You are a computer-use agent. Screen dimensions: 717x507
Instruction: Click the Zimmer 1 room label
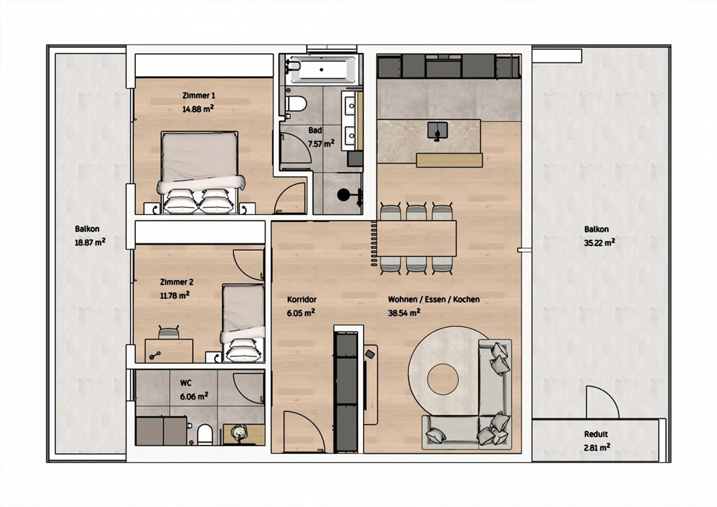pos(199,96)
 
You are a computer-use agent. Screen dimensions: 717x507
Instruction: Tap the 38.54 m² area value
pos(404,313)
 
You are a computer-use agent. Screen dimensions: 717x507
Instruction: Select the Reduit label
pos(596,434)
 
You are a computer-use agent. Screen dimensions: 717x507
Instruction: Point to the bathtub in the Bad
pos(321,69)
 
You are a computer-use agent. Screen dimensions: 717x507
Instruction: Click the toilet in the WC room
pos(205,434)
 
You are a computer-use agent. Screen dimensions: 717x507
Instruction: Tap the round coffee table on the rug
pos(443,380)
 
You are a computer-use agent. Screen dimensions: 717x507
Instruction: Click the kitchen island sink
pos(438,131)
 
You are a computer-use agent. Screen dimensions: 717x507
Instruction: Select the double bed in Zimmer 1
pos(201,172)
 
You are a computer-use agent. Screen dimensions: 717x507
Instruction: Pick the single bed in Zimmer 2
pos(243,323)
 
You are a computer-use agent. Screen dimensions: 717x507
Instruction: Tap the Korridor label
pos(302,300)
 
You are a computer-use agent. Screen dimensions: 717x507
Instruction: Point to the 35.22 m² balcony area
pos(599,243)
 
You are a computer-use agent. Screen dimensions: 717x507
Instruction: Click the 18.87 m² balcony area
pos(90,243)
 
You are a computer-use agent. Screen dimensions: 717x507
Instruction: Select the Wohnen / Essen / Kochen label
pos(434,300)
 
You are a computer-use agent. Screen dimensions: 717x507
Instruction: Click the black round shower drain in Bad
pos(344,195)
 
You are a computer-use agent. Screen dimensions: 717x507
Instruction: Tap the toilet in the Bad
pos(296,104)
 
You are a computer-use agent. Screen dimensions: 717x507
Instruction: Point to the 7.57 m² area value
pos(321,144)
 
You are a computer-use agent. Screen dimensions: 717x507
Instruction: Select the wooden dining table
pos(416,239)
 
